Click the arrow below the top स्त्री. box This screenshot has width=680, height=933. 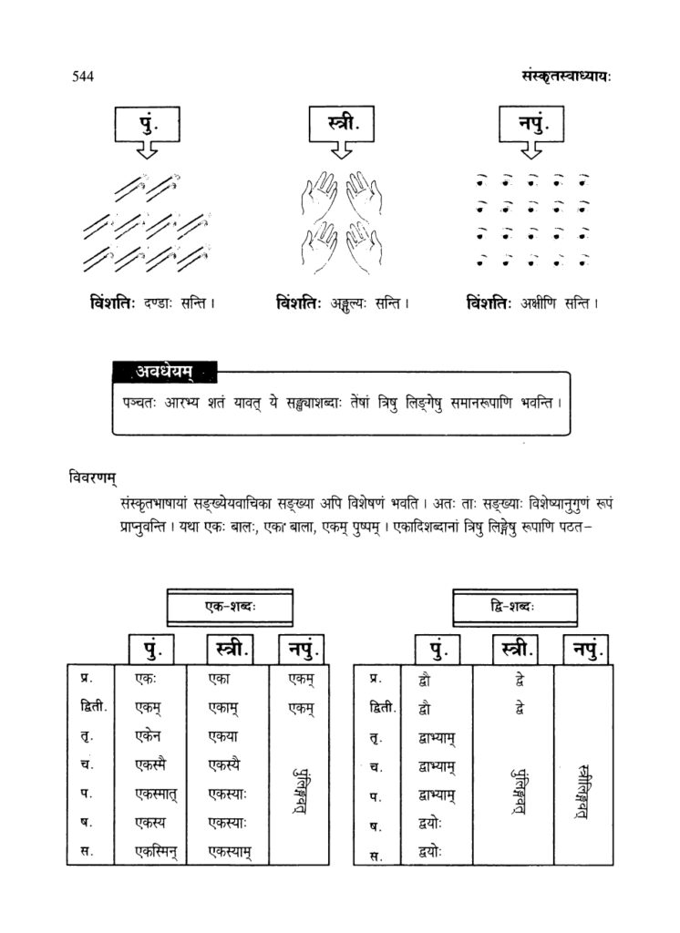341,151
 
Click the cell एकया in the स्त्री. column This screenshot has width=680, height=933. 223,736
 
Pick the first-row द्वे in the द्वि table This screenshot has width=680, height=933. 518,679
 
